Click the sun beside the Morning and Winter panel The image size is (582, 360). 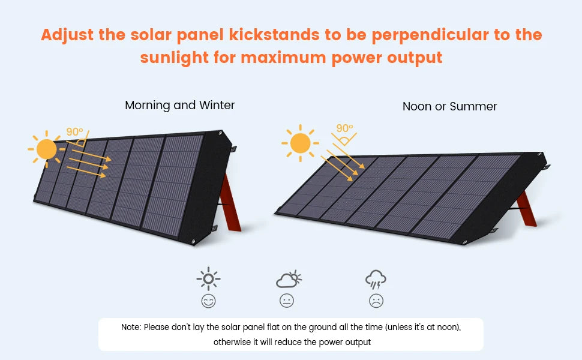click(x=46, y=148)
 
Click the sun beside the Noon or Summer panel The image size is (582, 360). click(x=300, y=143)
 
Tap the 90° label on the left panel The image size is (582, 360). click(x=74, y=132)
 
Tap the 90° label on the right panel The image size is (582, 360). click(x=344, y=128)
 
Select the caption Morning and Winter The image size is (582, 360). click(x=179, y=106)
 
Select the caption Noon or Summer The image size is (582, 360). click(x=449, y=107)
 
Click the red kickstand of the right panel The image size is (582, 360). click(x=527, y=208)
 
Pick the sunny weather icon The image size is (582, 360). click(x=208, y=279)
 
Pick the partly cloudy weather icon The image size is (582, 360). click(x=288, y=279)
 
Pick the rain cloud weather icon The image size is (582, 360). click(x=376, y=280)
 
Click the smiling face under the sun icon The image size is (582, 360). click(x=208, y=301)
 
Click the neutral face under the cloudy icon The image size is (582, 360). click(x=287, y=301)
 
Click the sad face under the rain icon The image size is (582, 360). click(x=376, y=301)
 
